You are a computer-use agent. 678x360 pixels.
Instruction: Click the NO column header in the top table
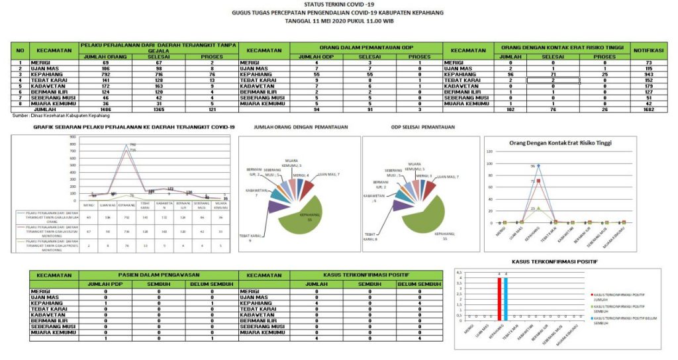click(x=20, y=50)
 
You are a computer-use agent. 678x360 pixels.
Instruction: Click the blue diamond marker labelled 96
click(x=538, y=165)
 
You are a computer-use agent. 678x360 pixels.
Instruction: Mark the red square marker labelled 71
click(x=538, y=180)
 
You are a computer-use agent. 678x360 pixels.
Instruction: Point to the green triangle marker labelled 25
click(x=538, y=208)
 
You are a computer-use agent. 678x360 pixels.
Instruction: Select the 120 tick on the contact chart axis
click(x=491, y=152)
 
